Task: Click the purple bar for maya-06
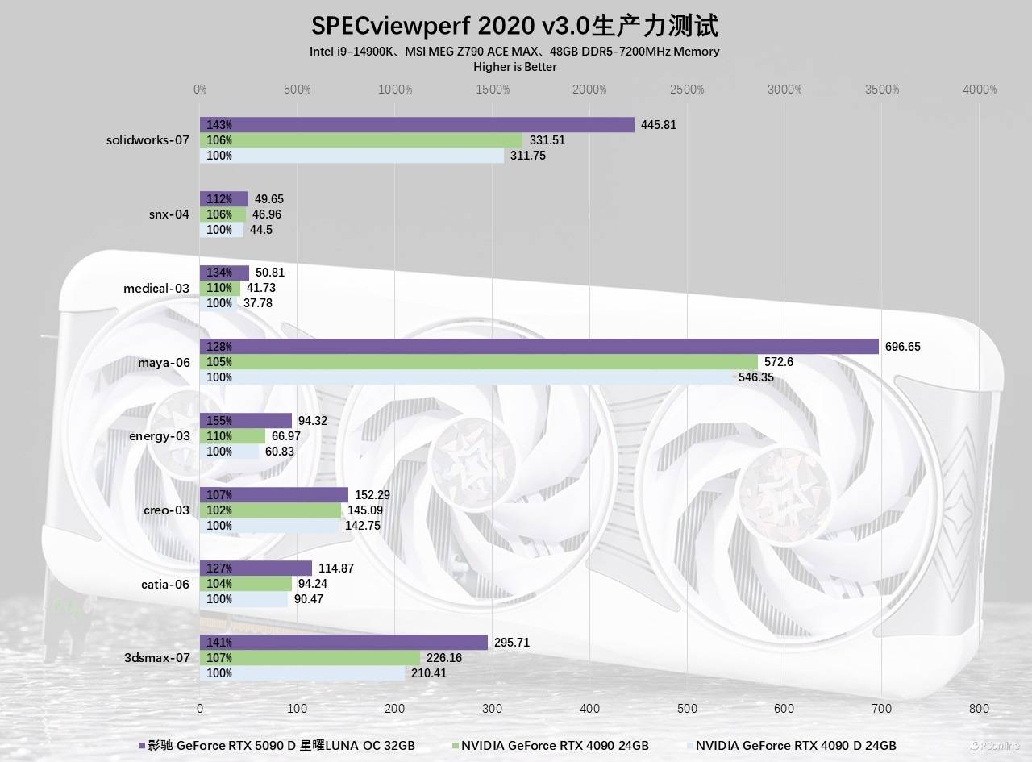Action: click(x=539, y=347)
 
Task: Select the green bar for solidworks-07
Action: click(x=361, y=140)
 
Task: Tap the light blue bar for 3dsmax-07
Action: click(x=302, y=673)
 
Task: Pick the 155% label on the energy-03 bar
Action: click(x=219, y=421)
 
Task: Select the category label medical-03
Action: click(x=156, y=289)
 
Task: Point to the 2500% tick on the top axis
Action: click(x=687, y=90)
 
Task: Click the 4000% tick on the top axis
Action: click(x=980, y=90)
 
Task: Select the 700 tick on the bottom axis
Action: click(x=881, y=708)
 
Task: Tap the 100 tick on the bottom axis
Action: click(x=298, y=708)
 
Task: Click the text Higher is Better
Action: click(x=515, y=67)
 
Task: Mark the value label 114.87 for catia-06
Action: click(x=335, y=568)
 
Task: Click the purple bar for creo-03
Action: click(x=274, y=494)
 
